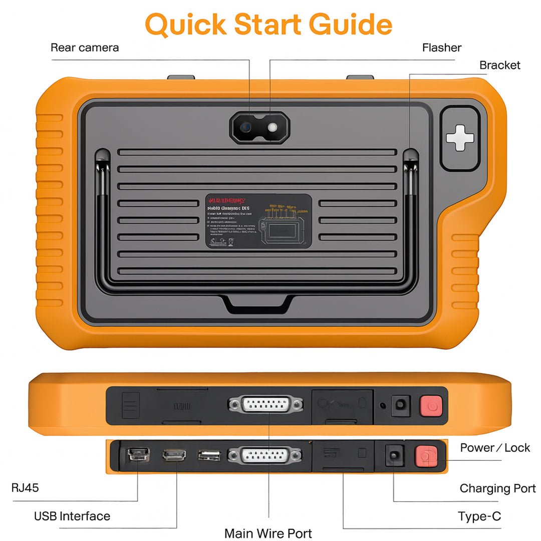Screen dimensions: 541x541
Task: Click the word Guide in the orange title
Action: pyautogui.click(x=350, y=25)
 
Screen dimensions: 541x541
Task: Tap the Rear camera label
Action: pyautogui.click(x=85, y=48)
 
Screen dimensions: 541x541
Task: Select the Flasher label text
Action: pyautogui.click(x=441, y=48)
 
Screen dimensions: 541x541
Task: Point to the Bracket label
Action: pyautogui.click(x=499, y=65)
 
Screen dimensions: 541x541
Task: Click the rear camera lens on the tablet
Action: pyautogui.click(x=246, y=127)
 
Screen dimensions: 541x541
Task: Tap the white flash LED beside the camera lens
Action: pyautogui.click(x=272, y=127)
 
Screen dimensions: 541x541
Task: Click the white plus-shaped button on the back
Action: pyautogui.click(x=459, y=138)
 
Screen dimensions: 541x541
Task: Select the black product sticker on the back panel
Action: pyautogui.click(x=258, y=221)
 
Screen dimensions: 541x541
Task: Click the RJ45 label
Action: pyautogui.click(x=25, y=487)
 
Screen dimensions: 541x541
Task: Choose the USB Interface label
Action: pyautogui.click(x=72, y=516)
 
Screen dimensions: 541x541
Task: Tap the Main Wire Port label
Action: pyautogui.click(x=268, y=533)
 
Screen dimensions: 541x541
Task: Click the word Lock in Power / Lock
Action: pyautogui.click(x=517, y=448)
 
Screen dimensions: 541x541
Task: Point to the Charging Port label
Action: pyautogui.click(x=497, y=488)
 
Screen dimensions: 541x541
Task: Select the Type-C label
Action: pyautogui.click(x=479, y=516)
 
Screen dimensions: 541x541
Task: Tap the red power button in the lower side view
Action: pyautogui.click(x=426, y=456)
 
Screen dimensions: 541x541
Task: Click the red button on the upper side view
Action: pyautogui.click(x=431, y=405)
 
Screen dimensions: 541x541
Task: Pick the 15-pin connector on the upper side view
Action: pyautogui.click(x=265, y=404)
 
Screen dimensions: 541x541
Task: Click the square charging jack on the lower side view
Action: pyautogui.click(x=394, y=456)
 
